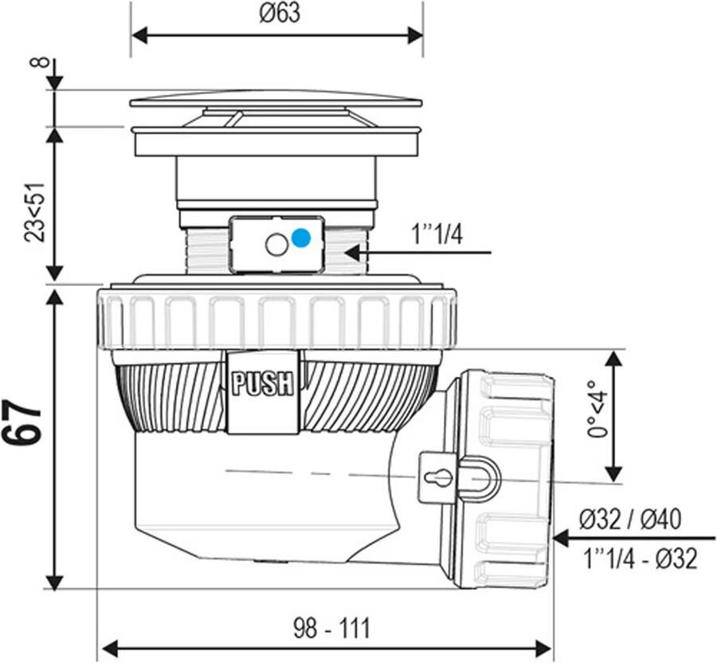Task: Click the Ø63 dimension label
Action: (279, 14)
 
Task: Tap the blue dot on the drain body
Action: (300, 237)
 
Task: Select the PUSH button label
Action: (263, 384)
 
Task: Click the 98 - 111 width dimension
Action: (331, 628)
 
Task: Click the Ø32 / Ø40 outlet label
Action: (630, 520)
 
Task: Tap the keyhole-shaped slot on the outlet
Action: (437, 477)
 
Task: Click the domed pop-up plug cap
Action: (276, 100)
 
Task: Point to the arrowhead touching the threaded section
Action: (353, 253)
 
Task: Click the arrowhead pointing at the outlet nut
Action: (561, 538)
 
